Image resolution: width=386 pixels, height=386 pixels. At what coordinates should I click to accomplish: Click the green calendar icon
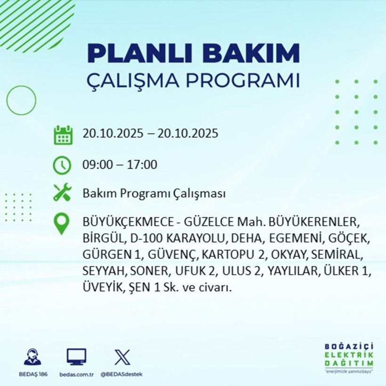63,135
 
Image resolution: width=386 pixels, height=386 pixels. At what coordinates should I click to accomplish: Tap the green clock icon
63,165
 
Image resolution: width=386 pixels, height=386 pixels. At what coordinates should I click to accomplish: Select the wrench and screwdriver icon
63,193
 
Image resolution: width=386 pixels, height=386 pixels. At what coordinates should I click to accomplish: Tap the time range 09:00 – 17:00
120,165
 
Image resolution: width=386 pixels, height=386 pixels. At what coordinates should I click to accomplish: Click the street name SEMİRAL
337,255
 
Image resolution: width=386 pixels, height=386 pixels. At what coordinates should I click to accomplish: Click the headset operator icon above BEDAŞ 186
32,357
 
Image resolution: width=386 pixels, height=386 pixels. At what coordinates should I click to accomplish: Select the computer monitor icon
76,357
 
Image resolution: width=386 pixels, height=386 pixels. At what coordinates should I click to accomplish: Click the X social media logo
121,357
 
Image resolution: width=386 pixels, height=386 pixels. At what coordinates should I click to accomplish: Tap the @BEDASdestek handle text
121,374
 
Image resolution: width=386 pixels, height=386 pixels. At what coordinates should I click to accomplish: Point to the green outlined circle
21,100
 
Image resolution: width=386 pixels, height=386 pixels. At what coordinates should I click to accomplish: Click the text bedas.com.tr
76,374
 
